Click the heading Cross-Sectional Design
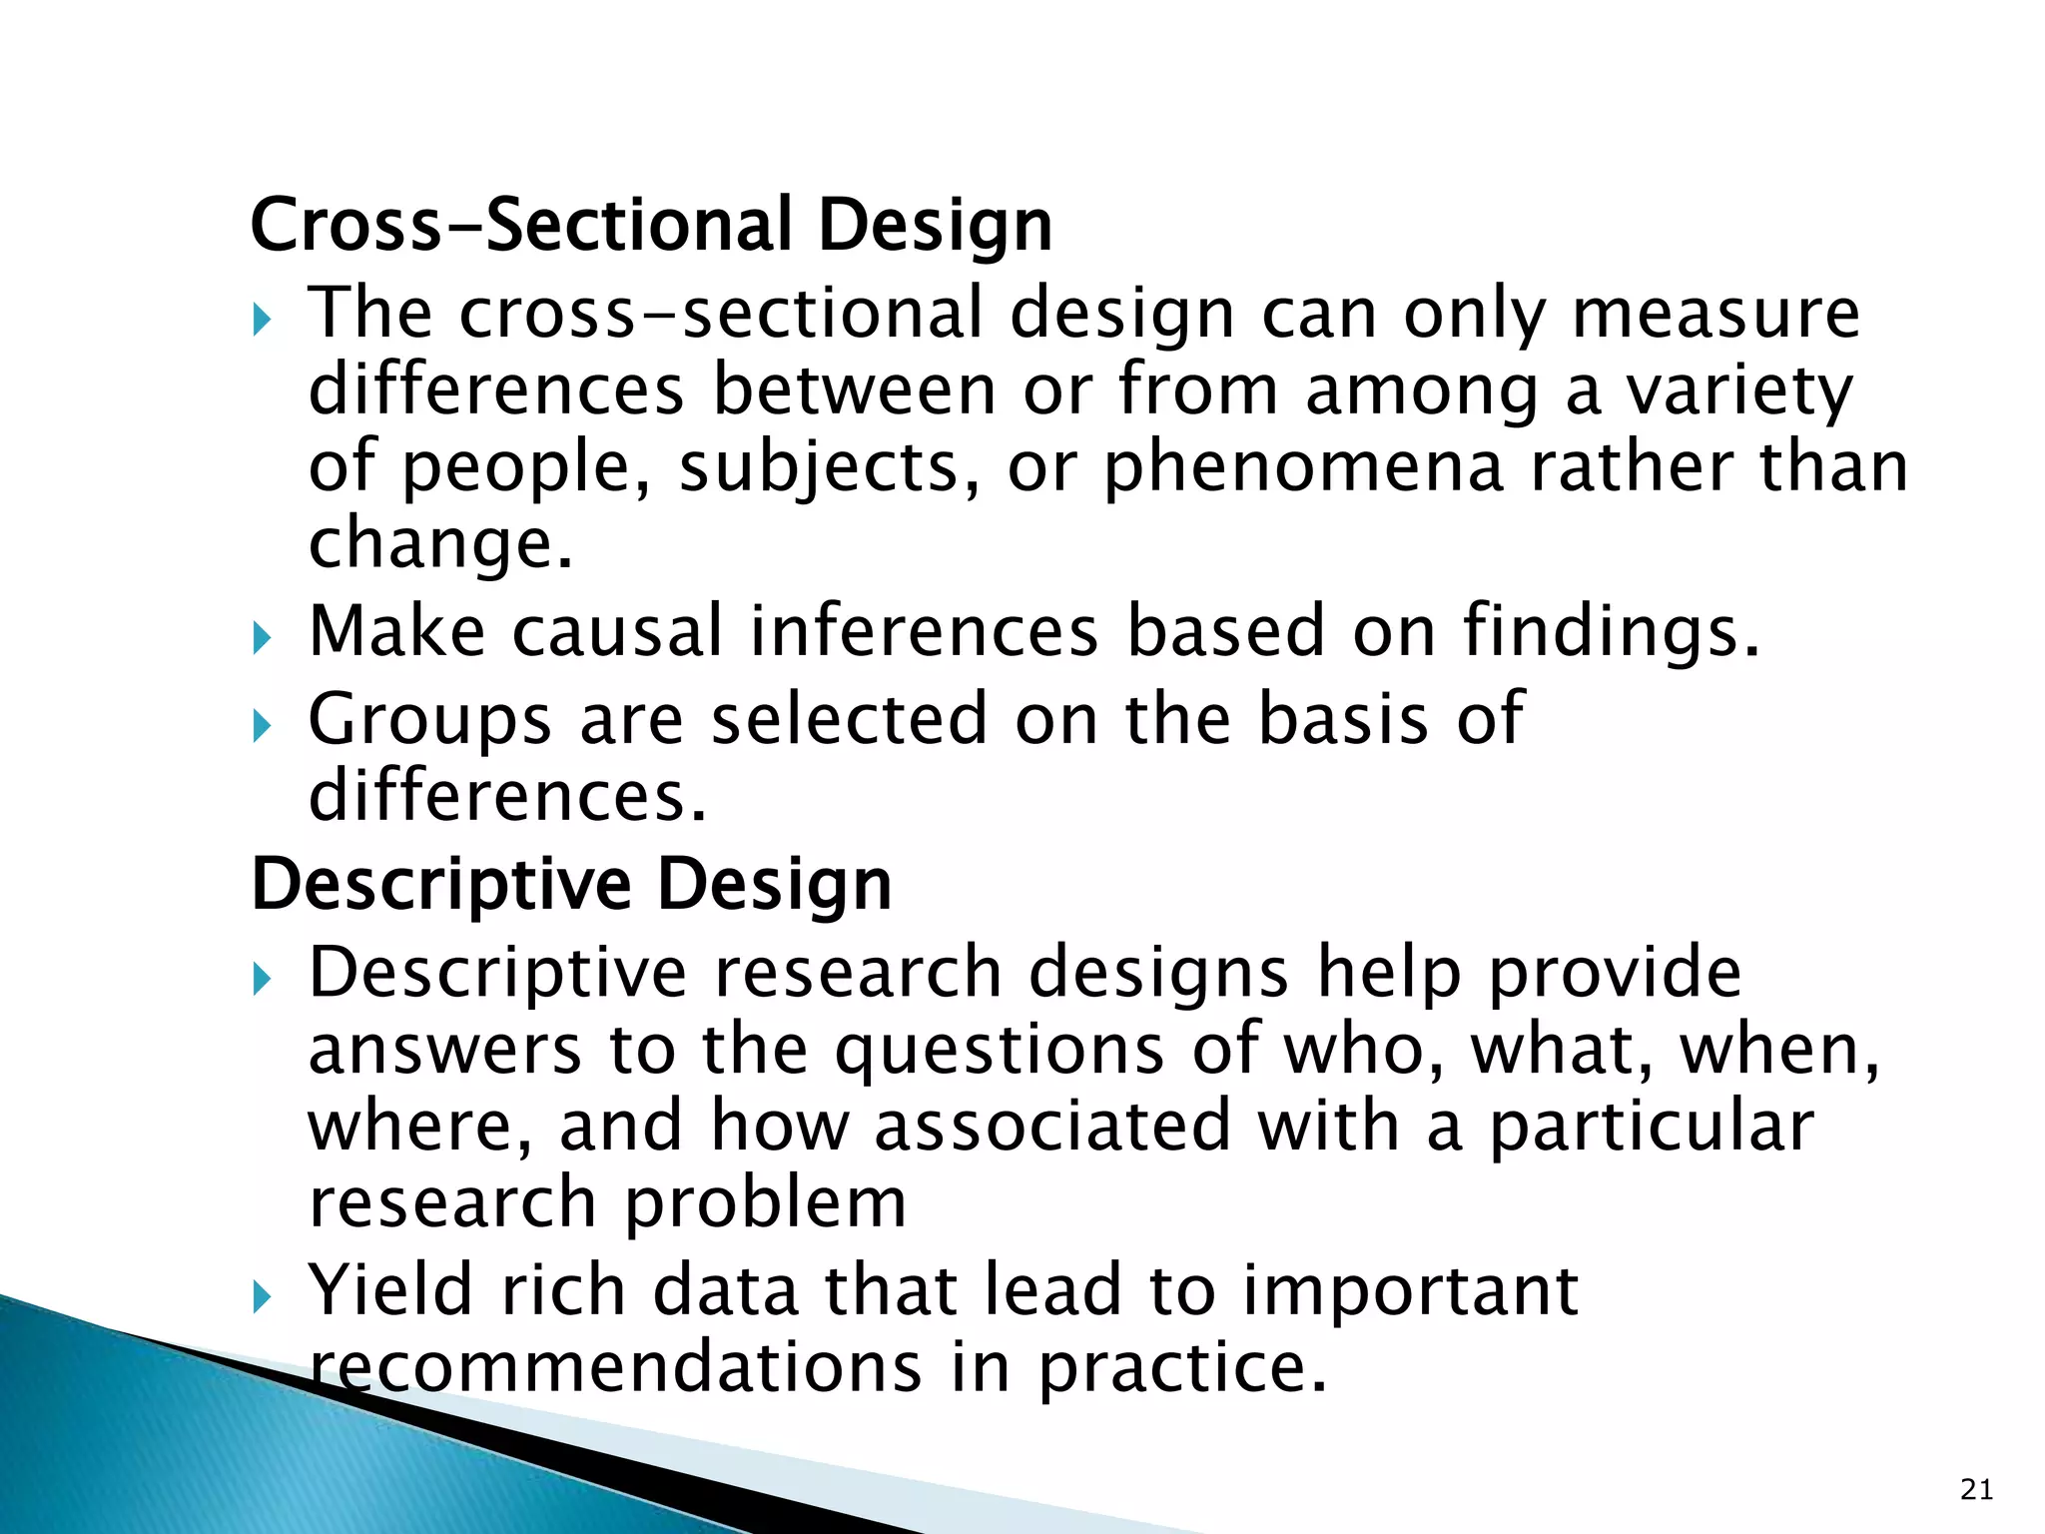[x=651, y=226]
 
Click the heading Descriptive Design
[x=571, y=885]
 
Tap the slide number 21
[x=1976, y=1490]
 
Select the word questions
[x=1000, y=1051]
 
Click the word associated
[x=1052, y=1126]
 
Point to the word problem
[x=766, y=1203]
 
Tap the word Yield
[x=390, y=1290]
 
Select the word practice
[x=1183, y=1367]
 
